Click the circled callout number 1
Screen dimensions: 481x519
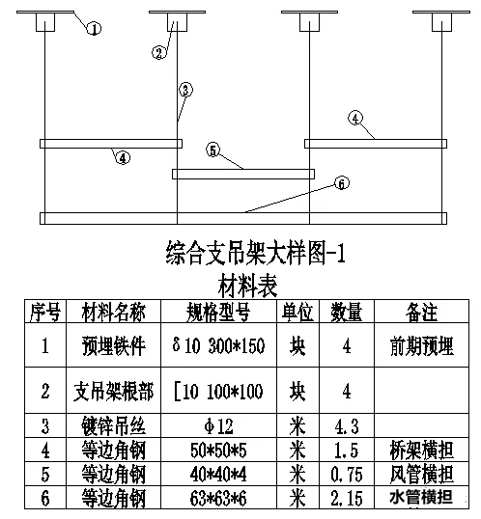pyautogui.click(x=94, y=29)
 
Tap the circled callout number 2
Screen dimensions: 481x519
pyautogui.click(x=159, y=52)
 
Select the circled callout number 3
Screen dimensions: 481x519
pyautogui.click(x=185, y=90)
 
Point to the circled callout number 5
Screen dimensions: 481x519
pyautogui.click(x=213, y=150)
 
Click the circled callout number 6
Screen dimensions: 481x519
pyautogui.click(x=342, y=183)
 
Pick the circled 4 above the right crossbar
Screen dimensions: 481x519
pyautogui.click(x=355, y=118)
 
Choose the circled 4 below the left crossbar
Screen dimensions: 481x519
pyautogui.click(x=123, y=157)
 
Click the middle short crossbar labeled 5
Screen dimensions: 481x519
pyautogui.click(x=243, y=174)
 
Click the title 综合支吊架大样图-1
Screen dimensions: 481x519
pyautogui.click(x=255, y=253)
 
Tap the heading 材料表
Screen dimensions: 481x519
pyautogui.click(x=247, y=286)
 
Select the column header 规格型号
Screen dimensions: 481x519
pyautogui.click(x=218, y=313)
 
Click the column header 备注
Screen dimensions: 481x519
pyautogui.click(x=421, y=312)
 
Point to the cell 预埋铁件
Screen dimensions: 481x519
pyautogui.click(x=113, y=346)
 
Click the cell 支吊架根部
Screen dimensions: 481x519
pyautogui.click(x=113, y=391)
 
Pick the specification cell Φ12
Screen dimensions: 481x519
pyautogui.click(x=218, y=426)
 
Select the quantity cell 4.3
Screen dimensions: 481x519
pyautogui.click(x=347, y=426)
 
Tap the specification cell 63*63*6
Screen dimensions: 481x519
pyautogui.click(x=218, y=498)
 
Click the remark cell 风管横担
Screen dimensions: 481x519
pyautogui.click(x=421, y=474)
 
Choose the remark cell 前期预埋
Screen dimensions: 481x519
pyautogui.click(x=421, y=346)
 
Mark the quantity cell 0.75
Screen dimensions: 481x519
pyautogui.click(x=347, y=474)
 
